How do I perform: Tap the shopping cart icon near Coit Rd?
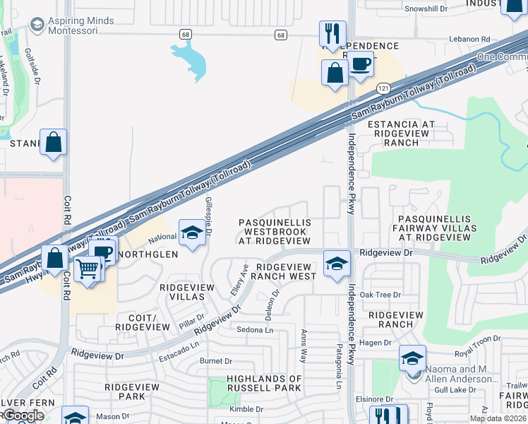pos(88,269)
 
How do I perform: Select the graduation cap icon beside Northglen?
pos(191,234)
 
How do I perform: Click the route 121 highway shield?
pos(383,88)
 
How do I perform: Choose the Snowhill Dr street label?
pos(426,8)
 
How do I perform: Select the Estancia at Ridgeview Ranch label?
pos(401,133)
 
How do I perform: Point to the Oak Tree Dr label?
pos(380,295)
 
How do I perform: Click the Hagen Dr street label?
pos(376,343)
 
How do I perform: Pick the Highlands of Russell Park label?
pos(265,383)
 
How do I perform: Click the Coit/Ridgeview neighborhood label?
pos(143,323)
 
